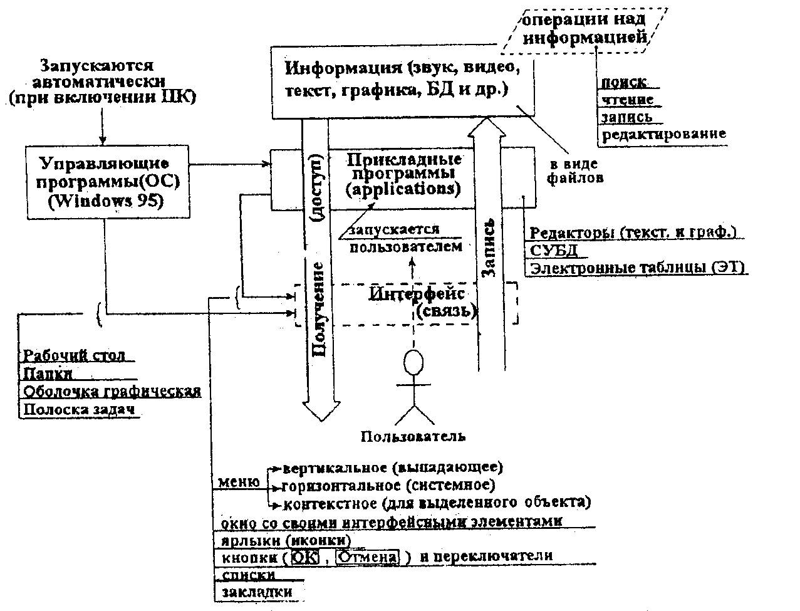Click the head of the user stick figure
click(x=413, y=363)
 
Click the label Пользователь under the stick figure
click(x=413, y=436)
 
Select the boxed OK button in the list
click(x=305, y=556)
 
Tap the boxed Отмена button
click(x=367, y=556)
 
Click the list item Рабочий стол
click(x=74, y=356)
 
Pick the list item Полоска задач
click(x=80, y=409)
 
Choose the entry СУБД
click(x=554, y=251)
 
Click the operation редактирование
click(x=663, y=133)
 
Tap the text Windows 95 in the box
click(x=104, y=202)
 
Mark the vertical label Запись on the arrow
click(x=489, y=248)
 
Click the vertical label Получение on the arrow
click(x=318, y=310)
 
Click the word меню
click(x=239, y=483)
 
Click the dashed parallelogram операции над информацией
click(x=585, y=29)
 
